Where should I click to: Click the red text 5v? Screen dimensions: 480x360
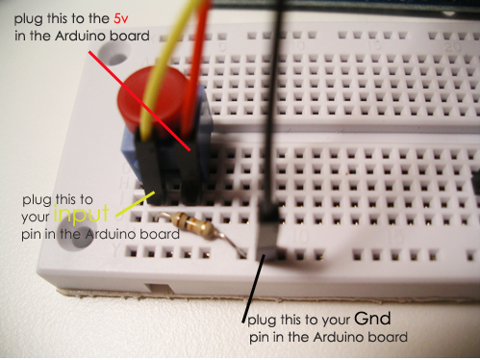tap(121, 19)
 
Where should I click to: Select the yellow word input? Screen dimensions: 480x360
tap(81, 214)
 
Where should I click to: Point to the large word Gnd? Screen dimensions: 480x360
tap(372, 319)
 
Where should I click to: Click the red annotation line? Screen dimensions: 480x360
tap(139, 101)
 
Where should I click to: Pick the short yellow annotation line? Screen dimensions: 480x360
tap(135, 204)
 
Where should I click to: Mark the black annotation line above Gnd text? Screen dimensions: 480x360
tap(253, 289)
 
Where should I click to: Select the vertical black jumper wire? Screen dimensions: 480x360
tap(275, 96)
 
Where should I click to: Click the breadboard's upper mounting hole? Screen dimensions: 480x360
tap(114, 53)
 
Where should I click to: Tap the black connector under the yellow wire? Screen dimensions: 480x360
tap(151, 168)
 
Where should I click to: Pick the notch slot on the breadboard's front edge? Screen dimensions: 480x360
tap(159, 288)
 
